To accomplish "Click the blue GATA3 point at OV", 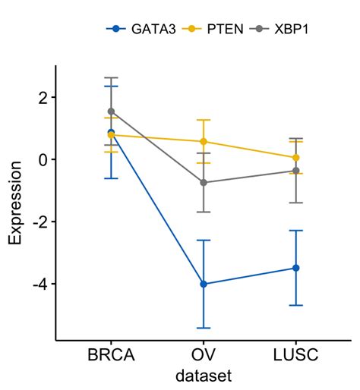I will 203,284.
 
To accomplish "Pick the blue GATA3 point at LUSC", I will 295,268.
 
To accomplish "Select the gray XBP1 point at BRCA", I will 111,111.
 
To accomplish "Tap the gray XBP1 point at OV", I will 203,183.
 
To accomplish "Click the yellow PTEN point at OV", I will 203,141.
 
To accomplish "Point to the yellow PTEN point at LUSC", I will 295,158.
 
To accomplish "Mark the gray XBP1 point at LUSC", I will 295,171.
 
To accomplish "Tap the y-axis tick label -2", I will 39,222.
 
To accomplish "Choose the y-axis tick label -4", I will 39,284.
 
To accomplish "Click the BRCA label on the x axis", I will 111,354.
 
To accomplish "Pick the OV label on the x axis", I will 203,354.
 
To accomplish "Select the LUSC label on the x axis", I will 295,354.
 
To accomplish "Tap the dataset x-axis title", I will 203,375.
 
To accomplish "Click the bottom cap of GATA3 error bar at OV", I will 203,328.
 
